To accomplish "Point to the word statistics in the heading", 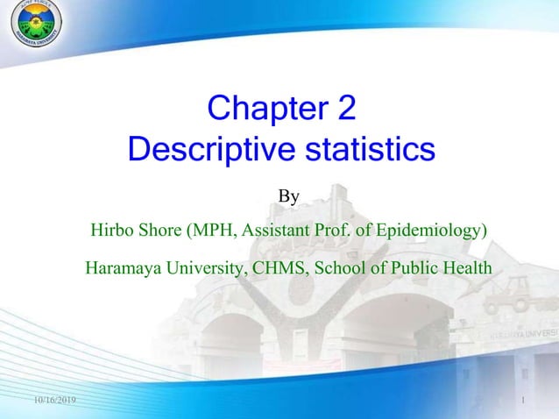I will tap(369, 149).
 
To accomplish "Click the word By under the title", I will tap(288, 197).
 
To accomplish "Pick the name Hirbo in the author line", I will tap(111, 231).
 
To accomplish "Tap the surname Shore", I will tap(159, 231).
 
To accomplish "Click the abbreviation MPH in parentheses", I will tap(212, 231).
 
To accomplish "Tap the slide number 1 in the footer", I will tap(521, 401).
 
